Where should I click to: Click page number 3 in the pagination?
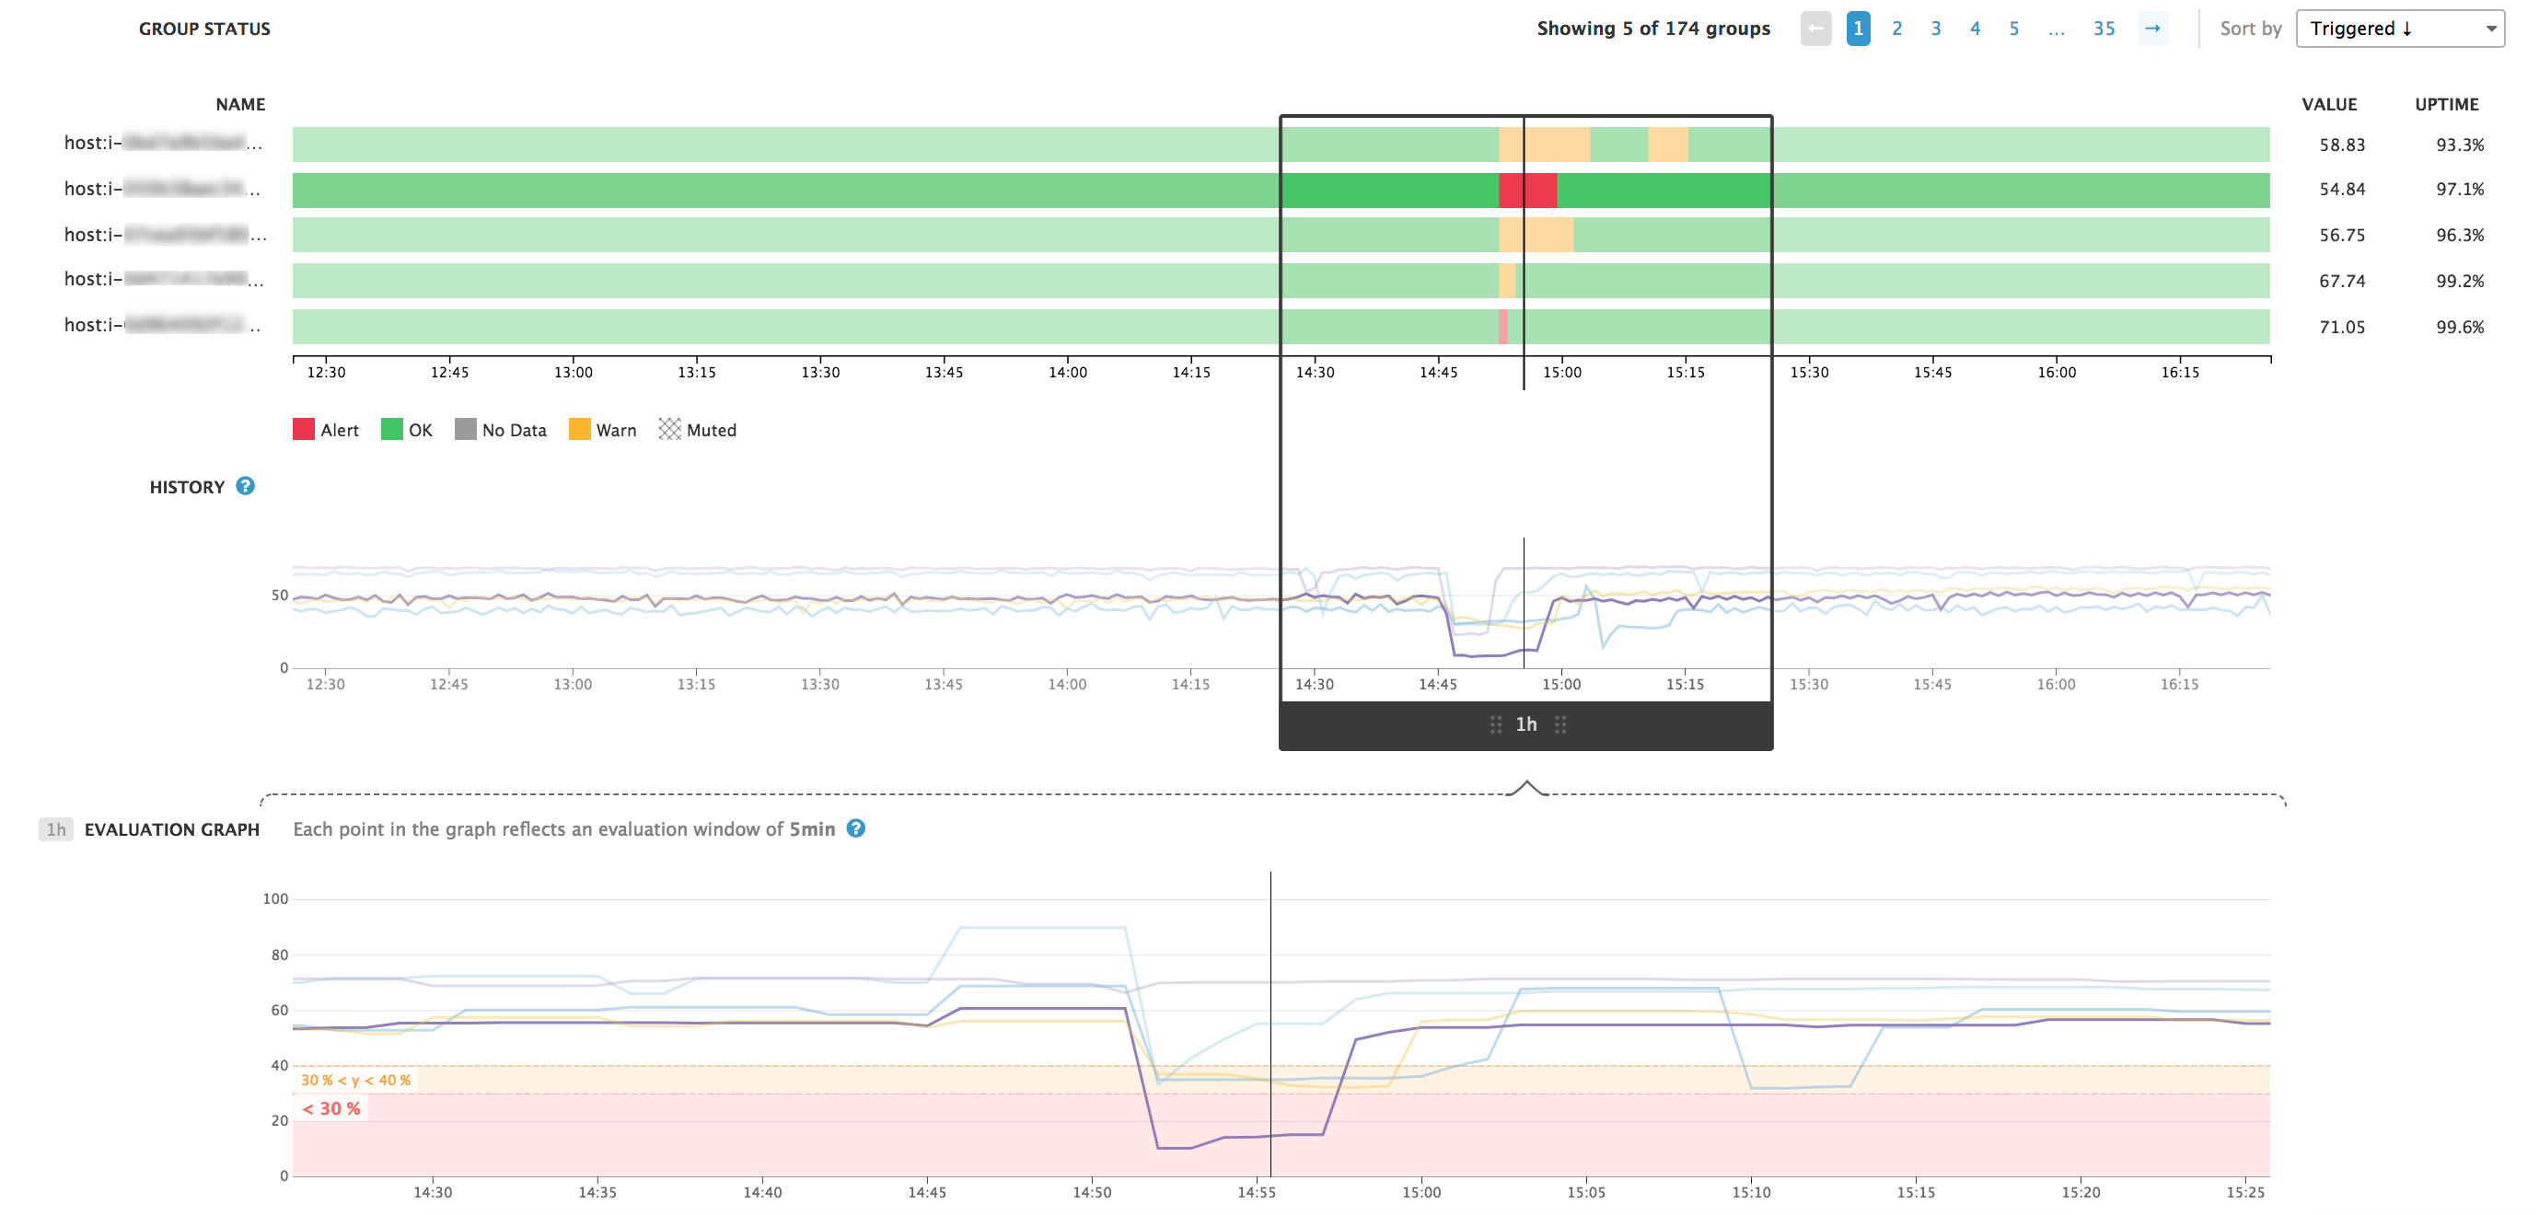click(1935, 29)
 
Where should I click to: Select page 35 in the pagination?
click(2104, 29)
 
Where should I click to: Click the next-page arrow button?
click(2151, 29)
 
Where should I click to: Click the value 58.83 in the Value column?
click(2341, 145)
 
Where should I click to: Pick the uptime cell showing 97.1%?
click(2459, 190)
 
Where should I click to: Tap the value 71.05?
click(2341, 327)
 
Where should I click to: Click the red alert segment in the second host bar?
click(1526, 191)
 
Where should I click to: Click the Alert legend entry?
click(326, 430)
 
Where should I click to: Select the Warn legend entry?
click(603, 430)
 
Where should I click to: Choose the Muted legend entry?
click(698, 430)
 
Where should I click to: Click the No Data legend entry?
click(501, 430)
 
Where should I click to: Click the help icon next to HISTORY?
click(246, 486)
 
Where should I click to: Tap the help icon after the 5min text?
click(855, 828)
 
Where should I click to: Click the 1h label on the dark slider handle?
click(1525, 724)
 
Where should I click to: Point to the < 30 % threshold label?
click(331, 1108)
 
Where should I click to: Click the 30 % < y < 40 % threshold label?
click(354, 1080)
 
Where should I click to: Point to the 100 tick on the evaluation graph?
click(275, 898)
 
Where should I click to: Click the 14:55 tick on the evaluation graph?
click(1256, 1192)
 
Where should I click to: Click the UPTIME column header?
click(2445, 104)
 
